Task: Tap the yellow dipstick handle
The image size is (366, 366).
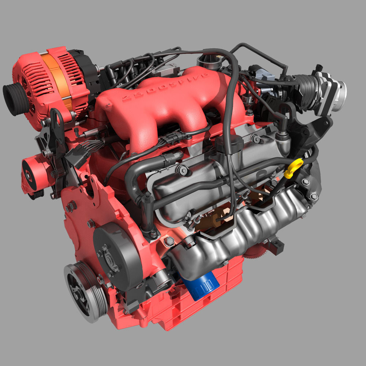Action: (293, 169)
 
